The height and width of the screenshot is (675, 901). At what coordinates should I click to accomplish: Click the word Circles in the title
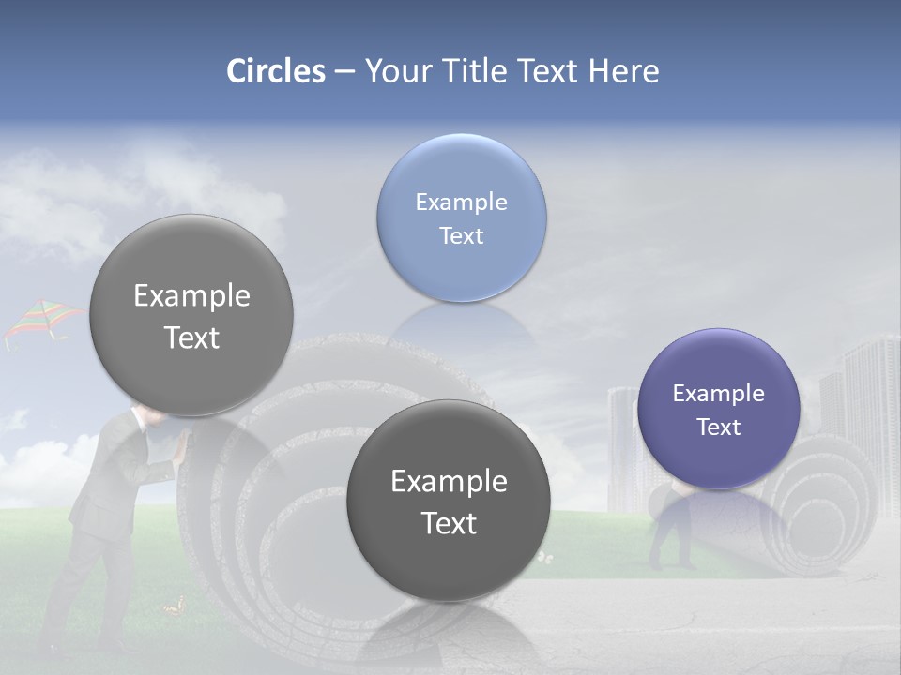point(276,71)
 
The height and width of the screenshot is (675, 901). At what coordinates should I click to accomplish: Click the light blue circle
point(461,217)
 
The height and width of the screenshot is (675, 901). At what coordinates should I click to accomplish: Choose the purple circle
point(718,409)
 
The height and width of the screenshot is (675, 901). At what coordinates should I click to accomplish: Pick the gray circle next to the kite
point(191,315)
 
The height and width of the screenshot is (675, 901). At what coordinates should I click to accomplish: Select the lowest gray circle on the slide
point(449,501)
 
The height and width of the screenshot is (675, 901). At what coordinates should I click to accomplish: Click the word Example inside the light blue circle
point(461,202)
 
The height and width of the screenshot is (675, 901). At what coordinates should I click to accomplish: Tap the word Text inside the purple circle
point(718,427)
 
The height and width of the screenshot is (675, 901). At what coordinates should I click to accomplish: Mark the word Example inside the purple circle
point(718,394)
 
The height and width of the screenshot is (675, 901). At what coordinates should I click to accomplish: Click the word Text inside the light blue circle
point(461,236)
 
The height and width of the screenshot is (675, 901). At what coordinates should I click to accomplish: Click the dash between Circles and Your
point(344,71)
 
